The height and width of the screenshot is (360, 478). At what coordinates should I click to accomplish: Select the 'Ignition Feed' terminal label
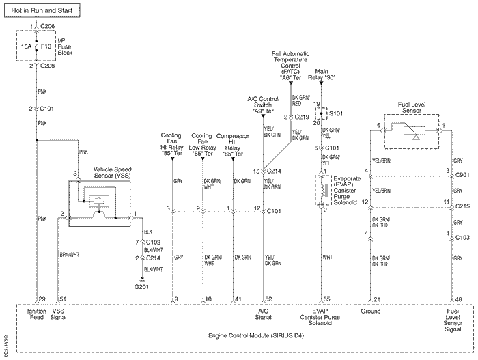[x=36, y=314]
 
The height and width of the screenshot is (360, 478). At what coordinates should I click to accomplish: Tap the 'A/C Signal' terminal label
[x=263, y=314]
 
